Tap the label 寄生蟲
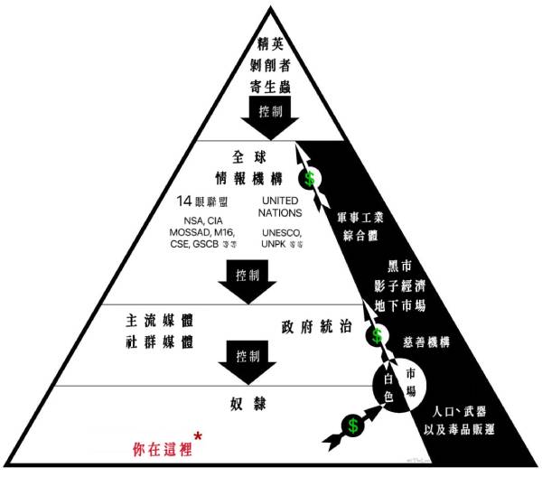270,88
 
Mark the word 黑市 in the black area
400,274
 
